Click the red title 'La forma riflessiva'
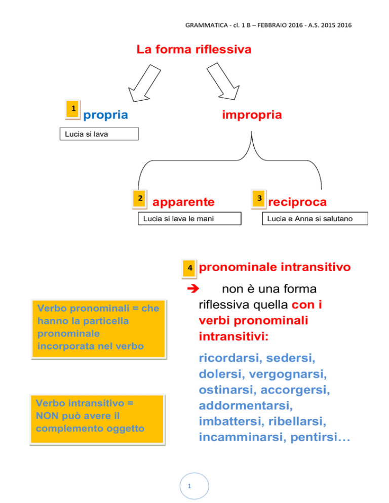[193, 50]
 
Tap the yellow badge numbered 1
[73, 109]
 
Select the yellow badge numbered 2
[140, 198]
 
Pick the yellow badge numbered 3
[259, 198]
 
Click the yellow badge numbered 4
[189, 268]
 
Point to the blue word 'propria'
[106, 115]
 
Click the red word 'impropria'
[252, 115]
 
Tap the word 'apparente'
[183, 202]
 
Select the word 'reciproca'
[297, 202]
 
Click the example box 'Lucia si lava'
[99, 134]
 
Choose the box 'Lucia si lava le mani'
[189, 219]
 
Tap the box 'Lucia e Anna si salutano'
[315, 219]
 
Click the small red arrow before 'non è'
[193, 289]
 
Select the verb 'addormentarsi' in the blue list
[246, 405]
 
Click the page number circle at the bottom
[194, 486]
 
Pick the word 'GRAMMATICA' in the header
[207, 25]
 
